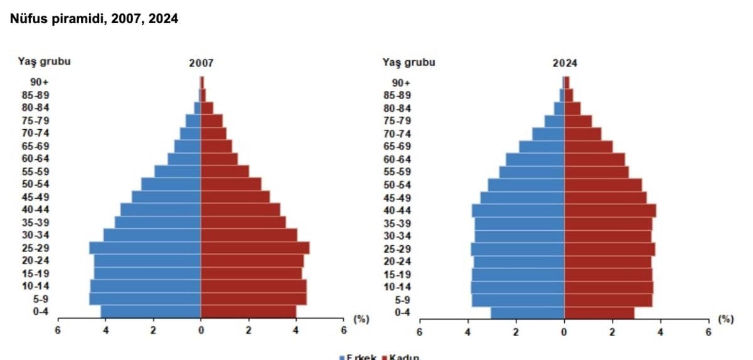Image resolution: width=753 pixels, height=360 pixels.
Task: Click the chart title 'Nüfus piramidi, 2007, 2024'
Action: [x=94, y=19]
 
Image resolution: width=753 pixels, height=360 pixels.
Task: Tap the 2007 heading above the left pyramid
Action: [x=201, y=63]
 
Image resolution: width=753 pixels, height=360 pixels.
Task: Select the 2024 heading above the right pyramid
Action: [x=565, y=63]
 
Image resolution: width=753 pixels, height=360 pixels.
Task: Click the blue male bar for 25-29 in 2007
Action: [x=145, y=248]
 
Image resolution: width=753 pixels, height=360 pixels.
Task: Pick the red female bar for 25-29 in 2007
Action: [x=255, y=248]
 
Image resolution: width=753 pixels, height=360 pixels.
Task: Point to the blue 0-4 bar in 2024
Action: [x=527, y=312]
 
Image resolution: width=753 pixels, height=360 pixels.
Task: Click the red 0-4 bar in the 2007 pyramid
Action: [x=248, y=312]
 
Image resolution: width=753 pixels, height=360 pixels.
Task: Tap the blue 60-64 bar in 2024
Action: [x=535, y=159]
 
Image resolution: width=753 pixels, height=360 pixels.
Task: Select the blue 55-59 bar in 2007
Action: [x=178, y=171]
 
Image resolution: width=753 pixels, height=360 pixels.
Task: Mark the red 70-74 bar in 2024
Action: [x=583, y=134]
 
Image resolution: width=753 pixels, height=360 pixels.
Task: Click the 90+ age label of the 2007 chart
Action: [x=40, y=82]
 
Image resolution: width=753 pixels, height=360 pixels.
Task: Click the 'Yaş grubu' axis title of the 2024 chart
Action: [x=409, y=62]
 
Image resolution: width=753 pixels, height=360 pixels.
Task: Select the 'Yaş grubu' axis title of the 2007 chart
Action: [x=44, y=61]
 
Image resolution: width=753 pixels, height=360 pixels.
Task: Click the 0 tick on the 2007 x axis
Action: [x=201, y=330]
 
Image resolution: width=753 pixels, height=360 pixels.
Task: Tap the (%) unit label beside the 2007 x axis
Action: [x=361, y=319]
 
